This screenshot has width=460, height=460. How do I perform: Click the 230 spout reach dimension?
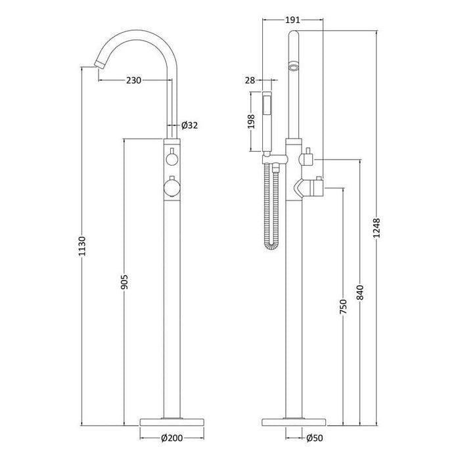click(135, 80)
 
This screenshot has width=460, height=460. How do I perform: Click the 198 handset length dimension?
click(250, 124)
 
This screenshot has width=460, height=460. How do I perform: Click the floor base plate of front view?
click(172, 420)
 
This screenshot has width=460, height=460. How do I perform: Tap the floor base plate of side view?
click(294, 420)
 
